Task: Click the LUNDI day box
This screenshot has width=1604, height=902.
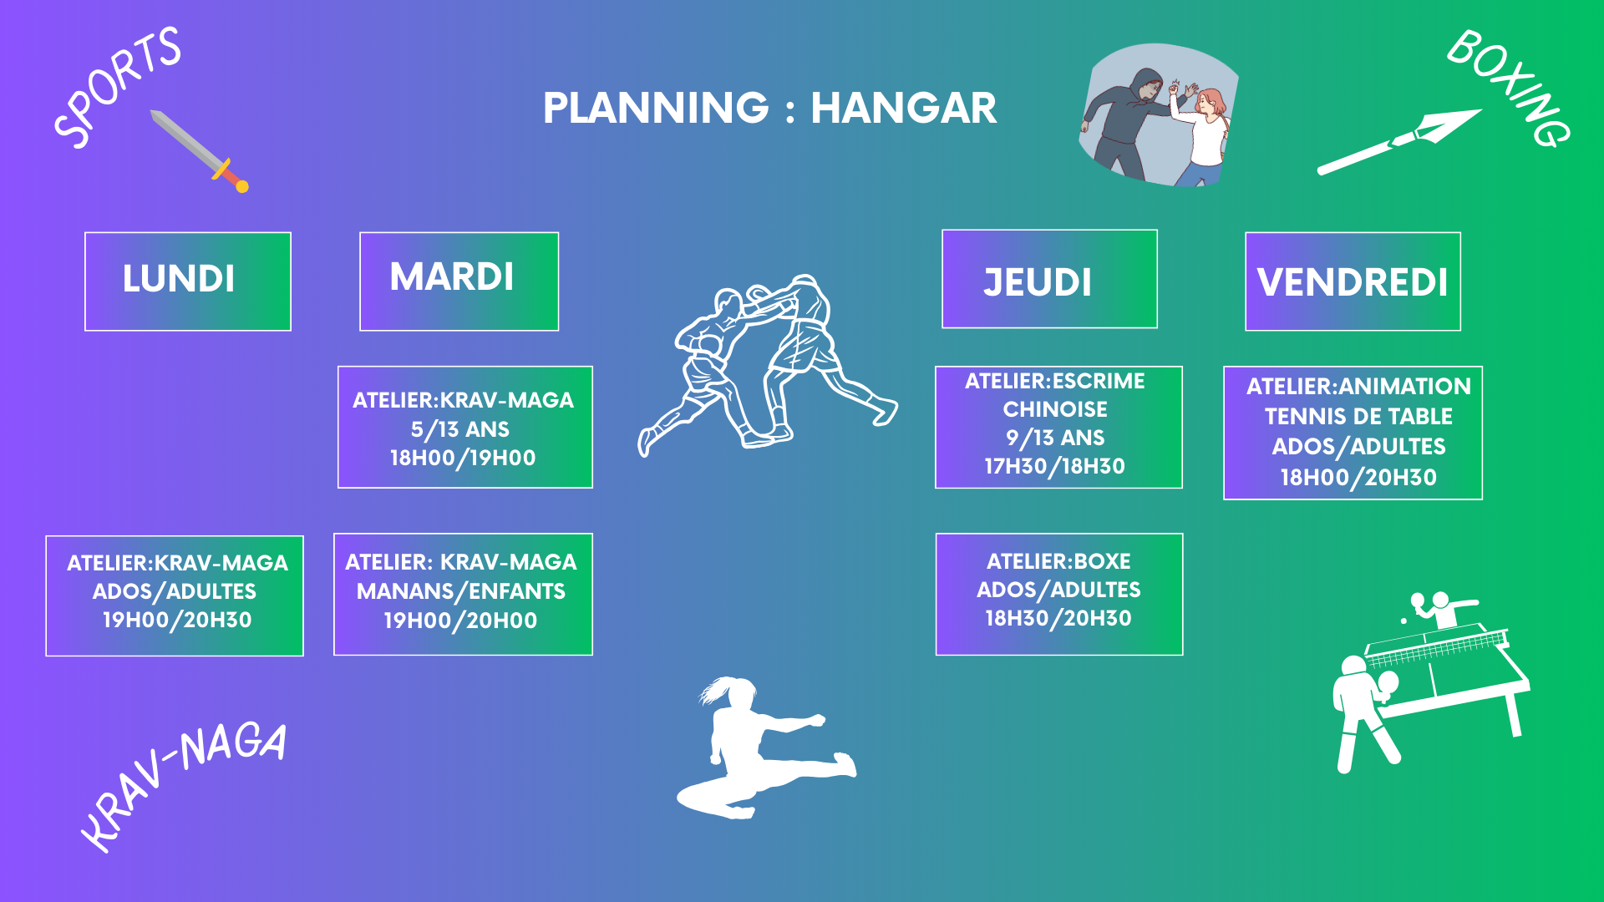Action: (188, 281)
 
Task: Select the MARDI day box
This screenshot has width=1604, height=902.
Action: (459, 281)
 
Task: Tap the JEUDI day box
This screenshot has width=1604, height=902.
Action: (1049, 279)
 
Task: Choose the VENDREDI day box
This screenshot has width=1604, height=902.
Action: (1353, 281)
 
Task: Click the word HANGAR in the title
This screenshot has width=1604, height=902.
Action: (903, 108)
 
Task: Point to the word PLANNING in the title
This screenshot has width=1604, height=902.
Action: (656, 108)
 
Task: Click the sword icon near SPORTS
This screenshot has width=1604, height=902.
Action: (200, 150)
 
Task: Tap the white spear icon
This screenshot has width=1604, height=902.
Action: (1398, 142)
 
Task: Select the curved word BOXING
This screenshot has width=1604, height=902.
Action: (1509, 88)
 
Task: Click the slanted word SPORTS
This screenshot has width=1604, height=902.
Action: (117, 88)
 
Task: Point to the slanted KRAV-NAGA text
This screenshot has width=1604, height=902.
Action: (184, 785)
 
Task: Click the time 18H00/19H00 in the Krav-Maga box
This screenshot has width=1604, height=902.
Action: (463, 458)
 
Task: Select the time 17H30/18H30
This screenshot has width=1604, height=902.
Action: (1054, 466)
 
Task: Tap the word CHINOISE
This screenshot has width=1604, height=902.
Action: (1055, 409)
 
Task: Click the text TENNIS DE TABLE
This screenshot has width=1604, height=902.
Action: (1358, 416)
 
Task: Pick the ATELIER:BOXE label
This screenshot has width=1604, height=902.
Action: (1058, 561)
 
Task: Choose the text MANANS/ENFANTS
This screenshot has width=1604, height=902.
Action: (461, 591)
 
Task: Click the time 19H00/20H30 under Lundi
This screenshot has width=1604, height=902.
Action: (177, 620)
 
